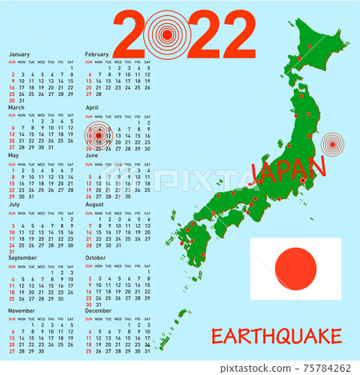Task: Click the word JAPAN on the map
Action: pos(289,170)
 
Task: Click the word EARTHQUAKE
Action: pos(276,337)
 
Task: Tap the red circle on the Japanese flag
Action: pos(295,268)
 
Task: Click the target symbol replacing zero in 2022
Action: pos(167,33)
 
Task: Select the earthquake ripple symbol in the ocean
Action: pos(331,145)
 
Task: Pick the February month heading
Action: pos(97,54)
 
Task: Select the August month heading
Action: pos(94,205)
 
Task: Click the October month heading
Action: pos(95,258)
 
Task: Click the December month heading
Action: pos(98,309)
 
